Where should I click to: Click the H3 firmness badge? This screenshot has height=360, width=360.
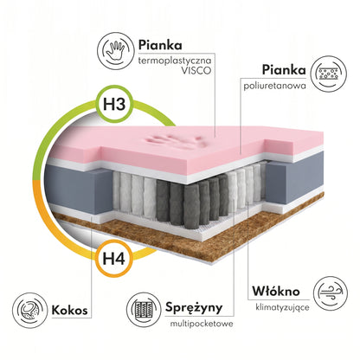pos(114,105)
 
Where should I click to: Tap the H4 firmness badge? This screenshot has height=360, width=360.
pos(114,258)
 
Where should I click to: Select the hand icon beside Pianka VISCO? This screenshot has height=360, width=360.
pos(115,51)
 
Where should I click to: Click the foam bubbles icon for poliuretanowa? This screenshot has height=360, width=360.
pos(329,74)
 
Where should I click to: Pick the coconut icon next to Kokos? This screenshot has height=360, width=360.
pos(29,310)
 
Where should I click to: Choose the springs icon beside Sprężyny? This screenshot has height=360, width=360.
pos(145,310)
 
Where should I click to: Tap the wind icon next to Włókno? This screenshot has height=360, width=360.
pos(331,293)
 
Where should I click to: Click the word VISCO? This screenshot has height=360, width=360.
pos(196,71)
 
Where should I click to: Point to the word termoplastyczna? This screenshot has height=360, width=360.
pos(175,61)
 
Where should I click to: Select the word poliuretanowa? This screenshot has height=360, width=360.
pos(274,86)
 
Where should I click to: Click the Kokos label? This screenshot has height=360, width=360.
pos(69,311)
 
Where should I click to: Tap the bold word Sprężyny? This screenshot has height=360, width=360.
pos(194,307)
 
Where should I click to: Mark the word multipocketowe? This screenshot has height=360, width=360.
pos(202,324)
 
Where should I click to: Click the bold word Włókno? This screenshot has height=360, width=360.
pos(276,292)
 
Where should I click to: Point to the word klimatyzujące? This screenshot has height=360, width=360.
pos(282,307)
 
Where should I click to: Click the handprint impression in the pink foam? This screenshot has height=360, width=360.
pos(175,140)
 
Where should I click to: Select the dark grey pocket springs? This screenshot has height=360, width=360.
pos(192,200)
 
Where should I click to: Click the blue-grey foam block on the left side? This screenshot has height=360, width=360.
pos(77,189)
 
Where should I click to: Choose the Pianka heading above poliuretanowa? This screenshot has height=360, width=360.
pos(284,70)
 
